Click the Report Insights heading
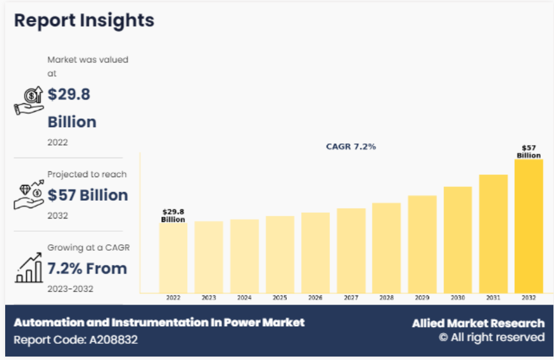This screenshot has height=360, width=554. coord(84,21)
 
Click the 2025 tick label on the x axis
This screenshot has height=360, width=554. coord(280,298)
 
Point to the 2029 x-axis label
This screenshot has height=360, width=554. coord(422,298)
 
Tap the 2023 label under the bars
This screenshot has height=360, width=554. coord(208,298)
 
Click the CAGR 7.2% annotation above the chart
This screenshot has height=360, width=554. coord(351,147)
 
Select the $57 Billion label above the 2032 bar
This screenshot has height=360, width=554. coord(528,152)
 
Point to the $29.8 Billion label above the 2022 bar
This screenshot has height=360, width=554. coord(173,216)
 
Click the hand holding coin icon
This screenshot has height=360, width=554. coord(29,101)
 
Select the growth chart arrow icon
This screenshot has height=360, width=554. coord(29,267)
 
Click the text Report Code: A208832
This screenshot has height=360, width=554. coord(75,339)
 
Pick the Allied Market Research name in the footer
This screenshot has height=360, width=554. coord(477,323)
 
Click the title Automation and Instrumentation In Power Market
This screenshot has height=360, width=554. coord(159,322)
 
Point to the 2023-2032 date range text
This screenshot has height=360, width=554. coord(70,289)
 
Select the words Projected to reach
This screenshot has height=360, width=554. coord(87,174)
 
